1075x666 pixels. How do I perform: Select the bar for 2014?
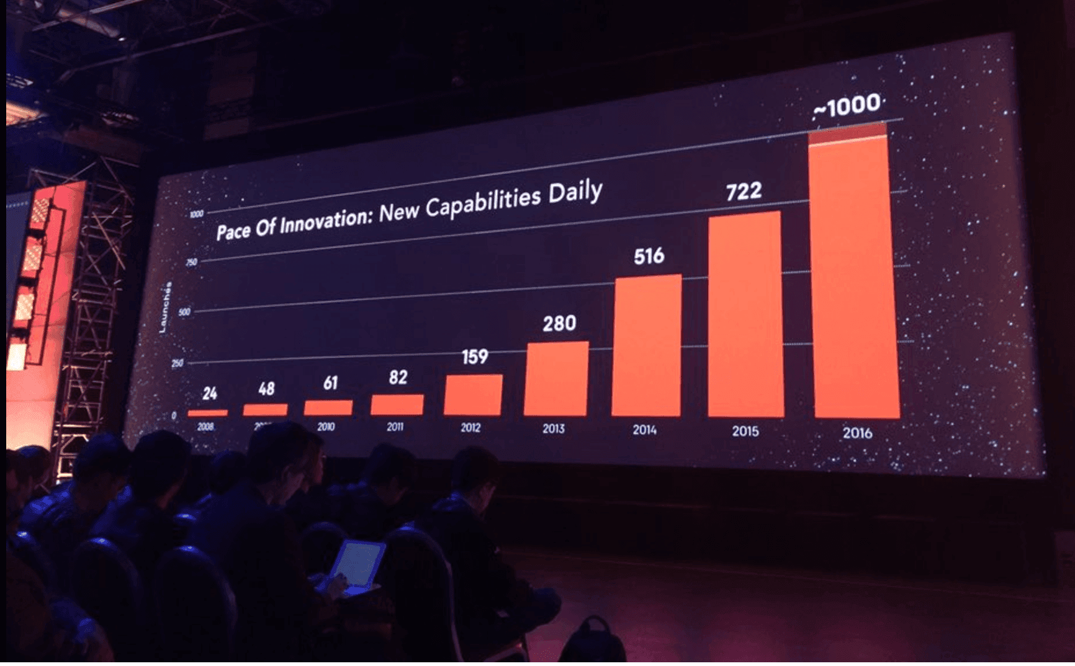[646, 346]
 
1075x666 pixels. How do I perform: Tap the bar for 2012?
[473, 395]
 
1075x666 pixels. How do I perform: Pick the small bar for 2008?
[207, 412]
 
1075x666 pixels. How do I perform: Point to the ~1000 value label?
[848, 106]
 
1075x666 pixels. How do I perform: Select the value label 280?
[559, 324]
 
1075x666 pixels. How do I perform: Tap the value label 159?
[475, 357]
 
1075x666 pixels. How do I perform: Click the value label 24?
[210, 393]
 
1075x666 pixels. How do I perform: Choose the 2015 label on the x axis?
[745, 431]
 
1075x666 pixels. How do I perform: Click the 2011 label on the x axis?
[395, 427]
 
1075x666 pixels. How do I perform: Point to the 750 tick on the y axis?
[192, 262]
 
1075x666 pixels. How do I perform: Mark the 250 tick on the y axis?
[178, 363]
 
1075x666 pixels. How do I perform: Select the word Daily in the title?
[575, 192]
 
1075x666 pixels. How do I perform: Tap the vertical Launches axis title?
[164, 308]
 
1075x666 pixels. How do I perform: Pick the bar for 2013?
[555, 379]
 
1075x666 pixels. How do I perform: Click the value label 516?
[649, 256]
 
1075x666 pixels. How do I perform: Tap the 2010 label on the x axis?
[326, 427]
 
